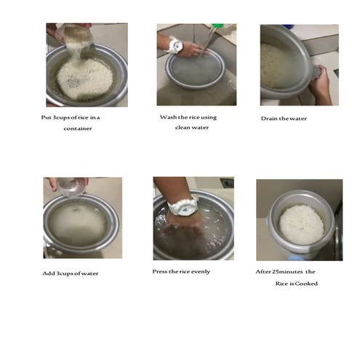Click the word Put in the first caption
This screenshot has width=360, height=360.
click(x=47, y=117)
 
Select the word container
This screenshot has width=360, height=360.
click(x=79, y=129)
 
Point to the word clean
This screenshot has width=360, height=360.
click(x=183, y=127)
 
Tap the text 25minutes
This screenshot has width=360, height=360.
click(x=291, y=272)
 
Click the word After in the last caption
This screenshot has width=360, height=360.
click(x=265, y=272)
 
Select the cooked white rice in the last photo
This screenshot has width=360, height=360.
click(x=301, y=223)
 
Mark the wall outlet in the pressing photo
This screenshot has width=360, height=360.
click(x=227, y=183)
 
